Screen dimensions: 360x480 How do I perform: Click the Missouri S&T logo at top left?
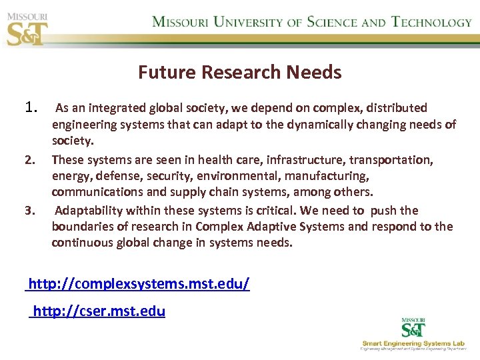pos(27,27)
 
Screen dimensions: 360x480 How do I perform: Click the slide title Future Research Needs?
pos(239,72)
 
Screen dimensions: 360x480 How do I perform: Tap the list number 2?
pos(29,160)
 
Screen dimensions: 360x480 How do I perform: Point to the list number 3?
pos(29,211)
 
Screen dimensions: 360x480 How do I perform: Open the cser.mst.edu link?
pos(99,311)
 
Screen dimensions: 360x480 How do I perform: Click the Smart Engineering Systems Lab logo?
pos(414,333)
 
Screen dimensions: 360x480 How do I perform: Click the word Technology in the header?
pos(431,22)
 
